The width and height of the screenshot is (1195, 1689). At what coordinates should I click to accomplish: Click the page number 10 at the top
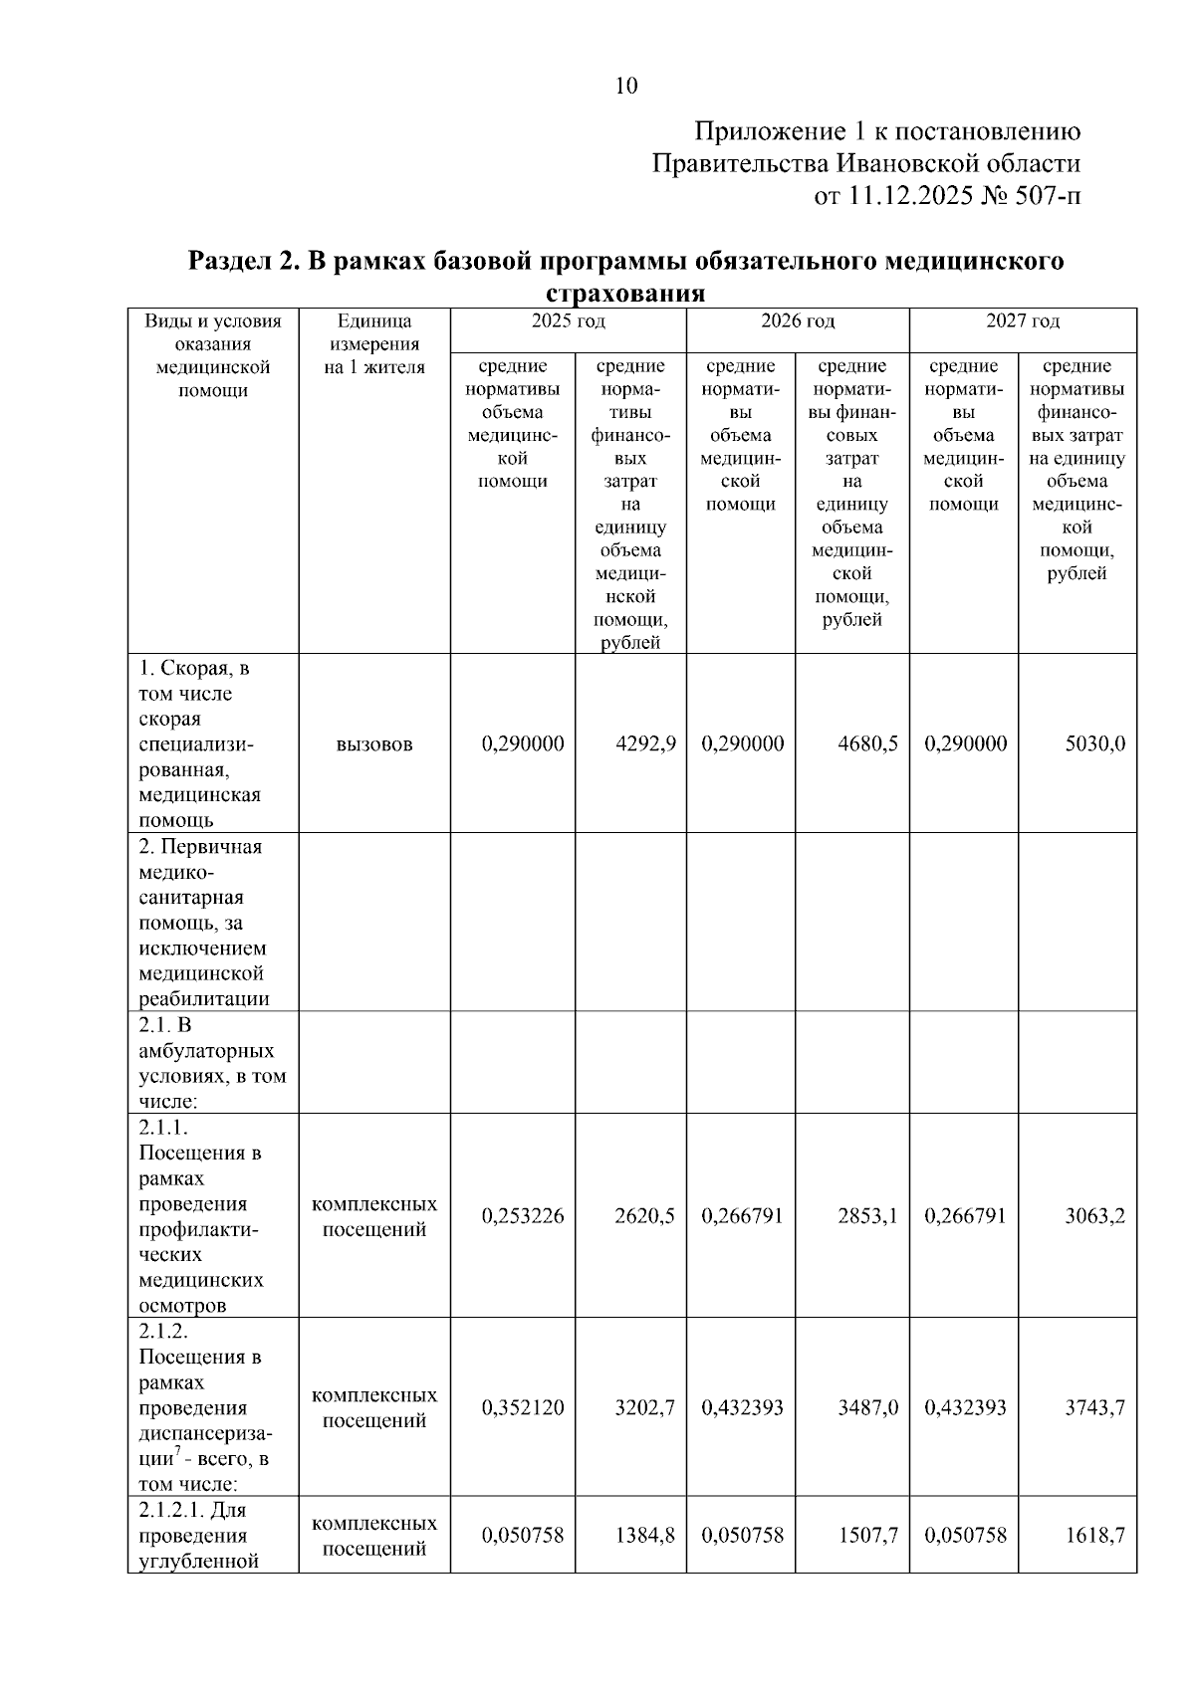[x=626, y=86]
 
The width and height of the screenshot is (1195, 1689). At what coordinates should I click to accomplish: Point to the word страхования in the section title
[x=625, y=294]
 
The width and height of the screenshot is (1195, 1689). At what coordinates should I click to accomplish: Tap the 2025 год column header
[x=568, y=320]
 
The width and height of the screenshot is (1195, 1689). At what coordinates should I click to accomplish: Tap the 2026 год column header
[x=798, y=320]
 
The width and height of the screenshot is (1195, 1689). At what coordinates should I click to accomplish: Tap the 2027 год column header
[x=1023, y=320]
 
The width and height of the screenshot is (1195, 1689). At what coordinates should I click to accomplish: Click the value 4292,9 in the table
[x=645, y=743]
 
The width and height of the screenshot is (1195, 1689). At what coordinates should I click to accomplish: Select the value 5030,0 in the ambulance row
[x=1094, y=743]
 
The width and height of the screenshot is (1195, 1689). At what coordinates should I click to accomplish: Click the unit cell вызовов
[x=374, y=743]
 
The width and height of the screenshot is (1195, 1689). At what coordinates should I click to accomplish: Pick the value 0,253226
[x=523, y=1215]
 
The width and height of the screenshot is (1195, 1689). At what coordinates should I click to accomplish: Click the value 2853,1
[x=867, y=1215]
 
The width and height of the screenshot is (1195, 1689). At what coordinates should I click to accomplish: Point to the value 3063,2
[x=1094, y=1215]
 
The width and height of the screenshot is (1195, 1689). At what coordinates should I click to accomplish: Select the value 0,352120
[x=523, y=1407]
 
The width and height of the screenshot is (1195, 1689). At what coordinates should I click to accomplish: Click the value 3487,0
[x=867, y=1407]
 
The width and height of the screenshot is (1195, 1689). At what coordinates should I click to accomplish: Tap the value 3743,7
[x=1094, y=1407]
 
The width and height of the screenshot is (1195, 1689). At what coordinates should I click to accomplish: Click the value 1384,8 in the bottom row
[x=645, y=1535]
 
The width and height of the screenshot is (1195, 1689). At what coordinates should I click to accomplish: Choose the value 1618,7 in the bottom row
[x=1094, y=1535]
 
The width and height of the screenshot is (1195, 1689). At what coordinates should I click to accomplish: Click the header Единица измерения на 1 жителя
[x=374, y=343]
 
